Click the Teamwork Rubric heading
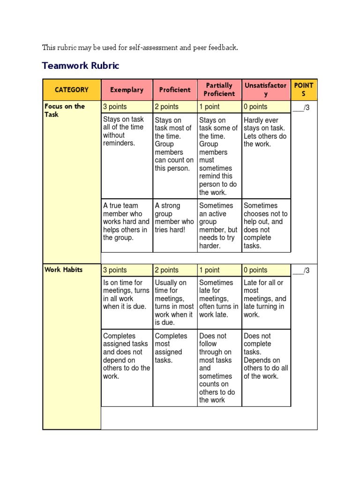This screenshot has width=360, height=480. coord(81,66)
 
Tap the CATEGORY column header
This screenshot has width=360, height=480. coord(71,90)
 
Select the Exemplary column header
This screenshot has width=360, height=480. coord(127,90)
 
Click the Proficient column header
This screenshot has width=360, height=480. coord(175,90)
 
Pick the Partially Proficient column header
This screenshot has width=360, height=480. coord(219,90)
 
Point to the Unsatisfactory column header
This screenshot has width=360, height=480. coord(266,90)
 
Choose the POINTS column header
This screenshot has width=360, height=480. coord(304,90)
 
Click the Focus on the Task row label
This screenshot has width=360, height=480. coord(65,110)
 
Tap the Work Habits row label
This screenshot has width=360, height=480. coord(63,270)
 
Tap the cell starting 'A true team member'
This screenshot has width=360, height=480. coord(126,222)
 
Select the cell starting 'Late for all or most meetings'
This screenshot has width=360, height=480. coord(265,299)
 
